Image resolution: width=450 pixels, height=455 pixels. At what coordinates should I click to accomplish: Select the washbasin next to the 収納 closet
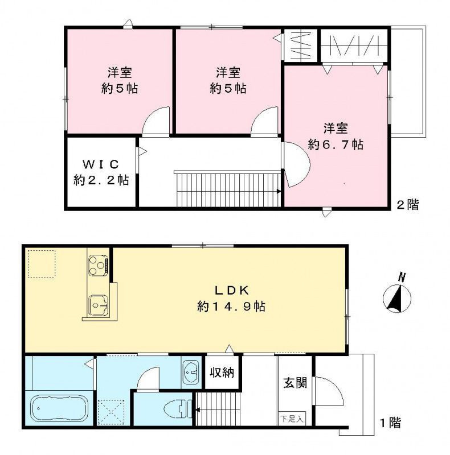[190, 373]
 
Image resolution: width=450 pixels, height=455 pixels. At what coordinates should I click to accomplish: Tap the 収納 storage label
[221, 373]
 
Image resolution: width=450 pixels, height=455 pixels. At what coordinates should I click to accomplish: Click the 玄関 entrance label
[294, 382]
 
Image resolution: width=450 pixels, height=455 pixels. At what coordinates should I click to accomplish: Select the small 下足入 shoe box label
[292, 420]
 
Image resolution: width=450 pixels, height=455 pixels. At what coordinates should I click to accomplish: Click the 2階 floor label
[407, 205]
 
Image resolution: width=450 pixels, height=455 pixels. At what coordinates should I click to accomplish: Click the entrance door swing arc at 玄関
[331, 391]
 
